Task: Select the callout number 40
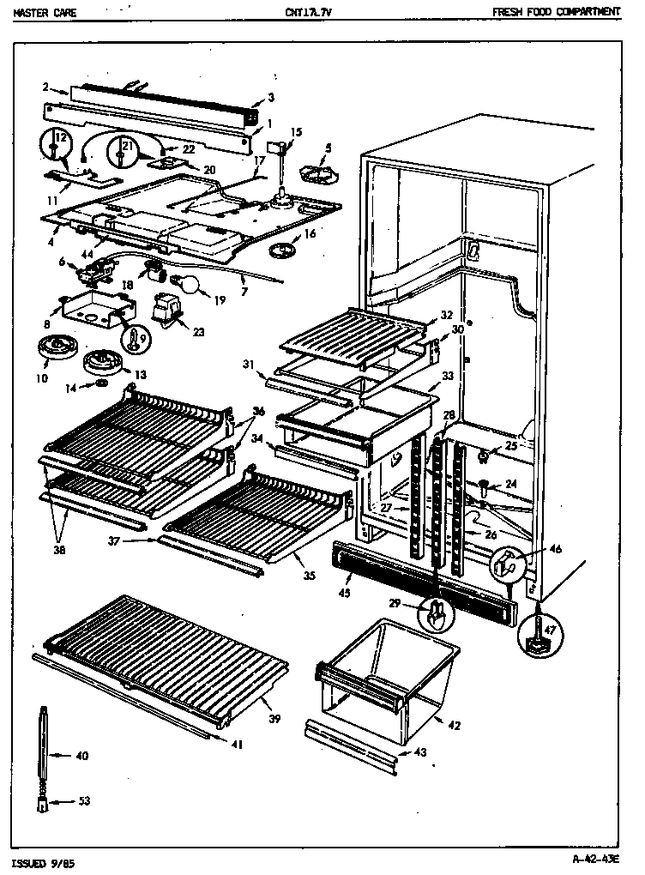pyautogui.click(x=81, y=756)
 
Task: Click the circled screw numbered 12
pyautogui.click(x=56, y=148)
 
